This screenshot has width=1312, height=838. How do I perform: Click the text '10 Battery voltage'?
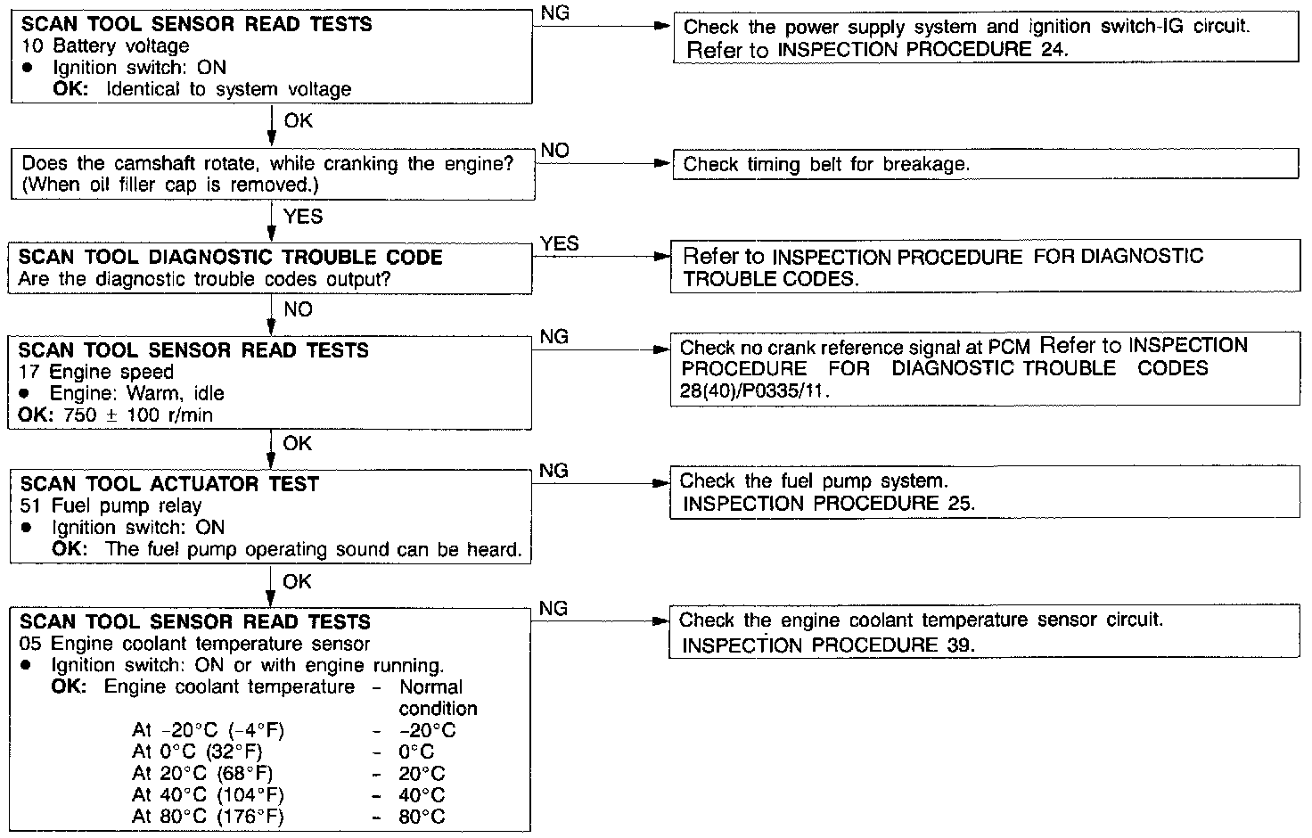click(x=104, y=45)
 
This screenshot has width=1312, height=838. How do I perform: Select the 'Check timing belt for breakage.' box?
click(x=985, y=164)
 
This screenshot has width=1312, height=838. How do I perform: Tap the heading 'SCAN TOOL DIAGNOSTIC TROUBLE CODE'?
click(x=231, y=258)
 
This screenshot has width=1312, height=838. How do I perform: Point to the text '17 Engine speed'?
click(x=96, y=372)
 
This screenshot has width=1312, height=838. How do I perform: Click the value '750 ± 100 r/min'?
click(x=138, y=415)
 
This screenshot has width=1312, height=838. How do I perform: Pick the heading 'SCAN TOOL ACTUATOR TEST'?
click(x=168, y=484)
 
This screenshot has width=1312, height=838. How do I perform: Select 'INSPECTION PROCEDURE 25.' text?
click(x=828, y=504)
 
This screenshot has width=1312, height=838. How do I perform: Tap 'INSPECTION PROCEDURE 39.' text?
click(x=828, y=645)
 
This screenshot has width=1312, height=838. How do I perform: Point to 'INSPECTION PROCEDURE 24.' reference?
click(x=922, y=50)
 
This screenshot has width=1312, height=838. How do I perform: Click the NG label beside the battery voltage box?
click(x=554, y=13)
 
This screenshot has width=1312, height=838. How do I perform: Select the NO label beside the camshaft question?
click(x=554, y=151)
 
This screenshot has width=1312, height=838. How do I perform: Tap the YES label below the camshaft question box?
click(x=302, y=217)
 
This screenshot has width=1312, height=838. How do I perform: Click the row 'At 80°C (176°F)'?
click(x=208, y=817)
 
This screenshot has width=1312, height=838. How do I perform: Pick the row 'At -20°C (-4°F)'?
click(x=208, y=731)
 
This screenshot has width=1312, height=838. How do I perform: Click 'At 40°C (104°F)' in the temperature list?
click(x=208, y=795)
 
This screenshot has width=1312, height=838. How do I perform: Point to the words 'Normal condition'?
click(x=437, y=698)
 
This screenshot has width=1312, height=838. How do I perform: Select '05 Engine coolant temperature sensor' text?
click(x=194, y=644)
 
